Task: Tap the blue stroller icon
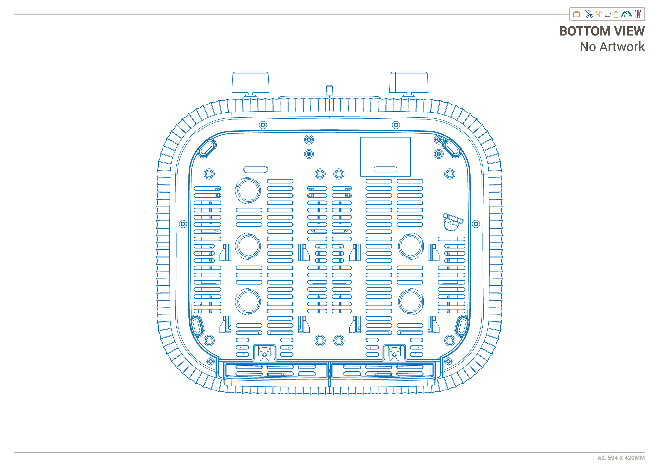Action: (589, 14)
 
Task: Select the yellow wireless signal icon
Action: (598, 14)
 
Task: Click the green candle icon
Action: (616, 14)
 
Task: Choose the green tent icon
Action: (626, 14)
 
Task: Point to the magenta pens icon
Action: (638, 14)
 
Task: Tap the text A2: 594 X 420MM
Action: (621, 458)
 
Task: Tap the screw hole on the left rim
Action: (183, 224)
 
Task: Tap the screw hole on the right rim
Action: (476, 224)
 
